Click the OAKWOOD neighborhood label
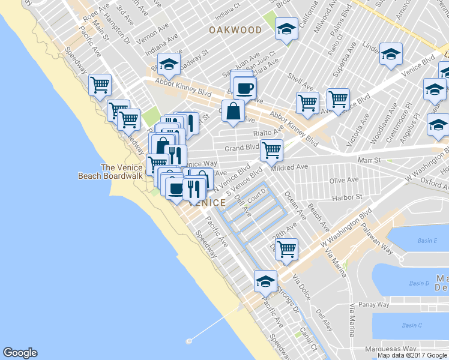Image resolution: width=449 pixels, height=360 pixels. (x=235, y=30)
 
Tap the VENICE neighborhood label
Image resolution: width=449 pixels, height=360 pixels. (x=207, y=203)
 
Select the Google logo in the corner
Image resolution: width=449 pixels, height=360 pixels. (x=20, y=353)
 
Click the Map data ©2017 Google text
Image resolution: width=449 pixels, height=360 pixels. (x=412, y=355)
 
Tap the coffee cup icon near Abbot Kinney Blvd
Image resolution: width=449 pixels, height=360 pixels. (x=244, y=89)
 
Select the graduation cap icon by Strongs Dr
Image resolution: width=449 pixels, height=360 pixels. (x=265, y=280)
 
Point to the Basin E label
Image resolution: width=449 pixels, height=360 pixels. (x=427, y=241)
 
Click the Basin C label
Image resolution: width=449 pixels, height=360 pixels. (x=412, y=325)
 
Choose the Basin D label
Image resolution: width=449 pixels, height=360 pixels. (x=420, y=283)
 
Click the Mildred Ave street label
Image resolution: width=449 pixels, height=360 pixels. (x=289, y=167)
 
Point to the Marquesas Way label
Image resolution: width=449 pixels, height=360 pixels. (x=393, y=348)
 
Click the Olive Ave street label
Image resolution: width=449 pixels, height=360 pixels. (x=345, y=180)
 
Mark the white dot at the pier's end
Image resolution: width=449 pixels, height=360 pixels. (x=189, y=341)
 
